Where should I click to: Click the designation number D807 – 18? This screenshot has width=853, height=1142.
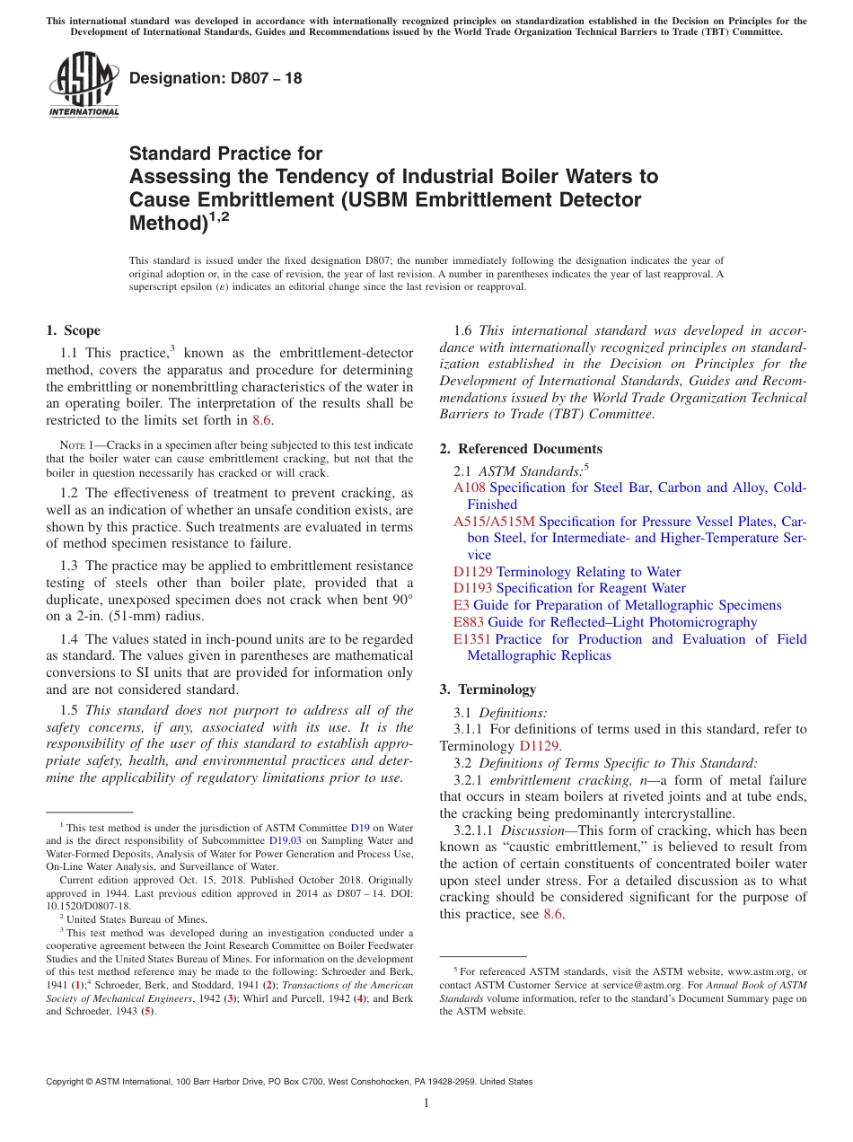click(x=215, y=79)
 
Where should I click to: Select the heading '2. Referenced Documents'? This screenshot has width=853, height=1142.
click(x=521, y=449)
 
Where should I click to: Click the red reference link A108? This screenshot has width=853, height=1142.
click(x=470, y=488)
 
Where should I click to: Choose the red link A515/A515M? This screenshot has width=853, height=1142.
click(x=494, y=522)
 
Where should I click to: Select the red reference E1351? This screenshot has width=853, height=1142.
click(x=472, y=639)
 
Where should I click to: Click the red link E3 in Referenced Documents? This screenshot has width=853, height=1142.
click(x=461, y=605)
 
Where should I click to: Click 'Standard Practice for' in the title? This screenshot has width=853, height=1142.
click(x=225, y=154)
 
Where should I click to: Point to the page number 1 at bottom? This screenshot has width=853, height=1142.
click(x=426, y=1103)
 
